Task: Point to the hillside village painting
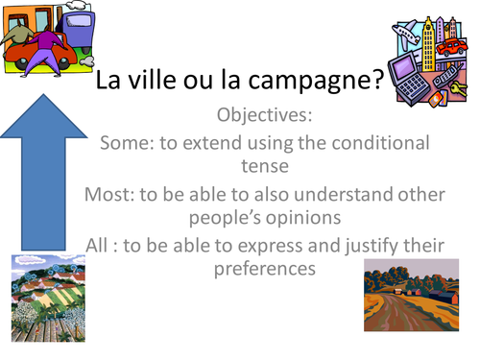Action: (x=43, y=308)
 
